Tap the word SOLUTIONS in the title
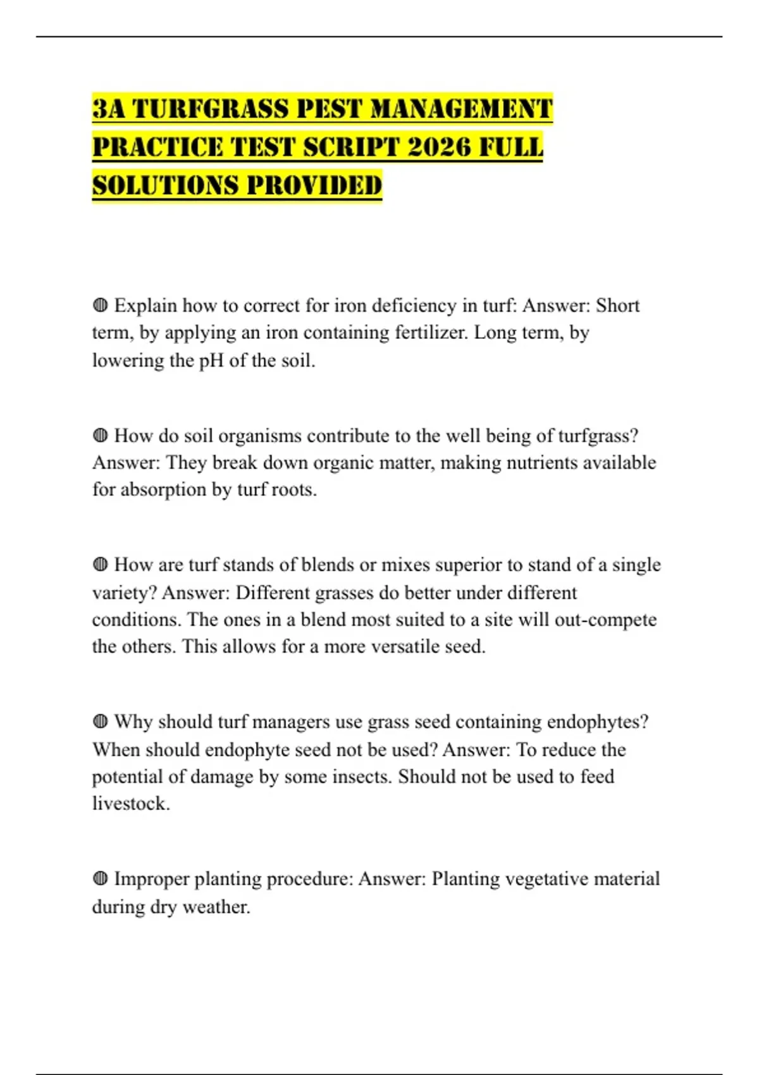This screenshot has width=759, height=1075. pos(164,186)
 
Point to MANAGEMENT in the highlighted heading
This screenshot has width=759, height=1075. pos(461,109)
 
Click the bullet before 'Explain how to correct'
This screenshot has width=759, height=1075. pos(100,305)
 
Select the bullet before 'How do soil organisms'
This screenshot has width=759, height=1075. pos(100,436)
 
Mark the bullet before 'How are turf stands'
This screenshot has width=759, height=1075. pos(100,565)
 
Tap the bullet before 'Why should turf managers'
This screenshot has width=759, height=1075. pos(100,722)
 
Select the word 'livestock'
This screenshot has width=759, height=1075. pos(130,804)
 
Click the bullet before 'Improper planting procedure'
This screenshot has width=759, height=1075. pos(100,878)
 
